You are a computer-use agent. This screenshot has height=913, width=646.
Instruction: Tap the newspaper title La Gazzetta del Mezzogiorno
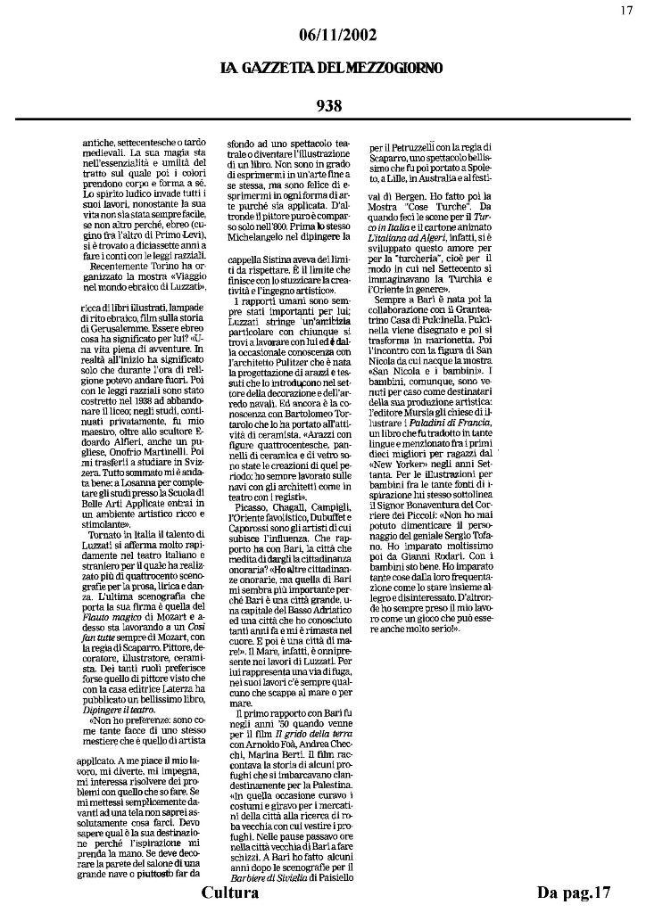point(331,69)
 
